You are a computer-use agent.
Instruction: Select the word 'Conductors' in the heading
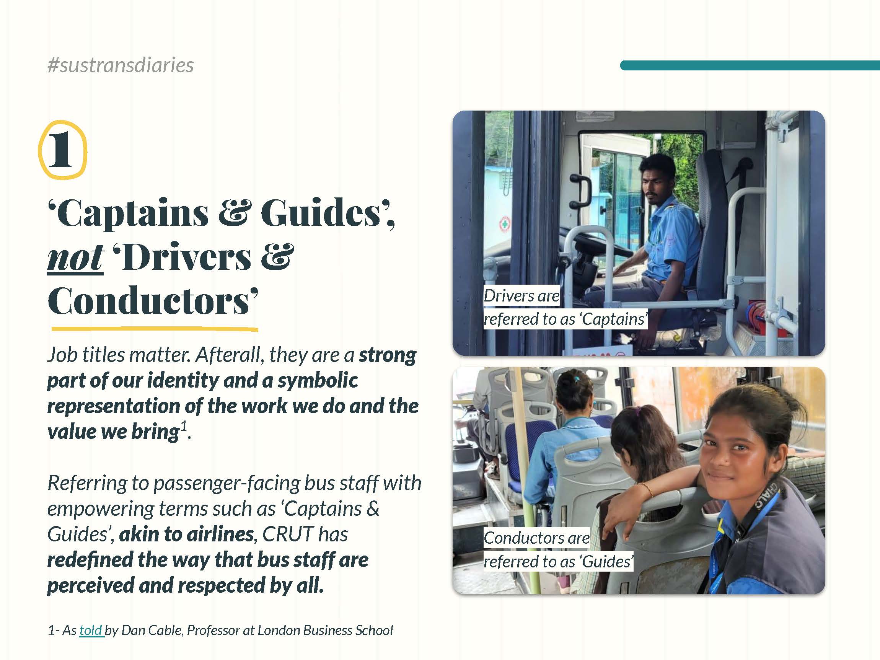pyautogui.click(x=149, y=301)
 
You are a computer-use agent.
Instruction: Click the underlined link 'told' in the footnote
pyautogui.click(x=91, y=630)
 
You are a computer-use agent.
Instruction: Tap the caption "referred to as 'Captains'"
pyautogui.click(x=565, y=319)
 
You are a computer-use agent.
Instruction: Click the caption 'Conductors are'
pyautogui.click(x=536, y=538)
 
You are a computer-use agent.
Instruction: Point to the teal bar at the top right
pyautogui.click(x=750, y=66)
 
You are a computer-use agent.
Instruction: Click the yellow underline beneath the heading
pyautogui.click(x=155, y=329)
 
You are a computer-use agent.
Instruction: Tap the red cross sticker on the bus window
pyautogui.click(x=505, y=225)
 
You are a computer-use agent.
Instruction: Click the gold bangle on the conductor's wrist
pyautogui.click(x=646, y=490)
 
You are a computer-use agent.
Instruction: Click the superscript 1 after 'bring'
pyautogui.click(x=184, y=426)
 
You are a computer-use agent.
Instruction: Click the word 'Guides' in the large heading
pyautogui.click(x=320, y=213)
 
